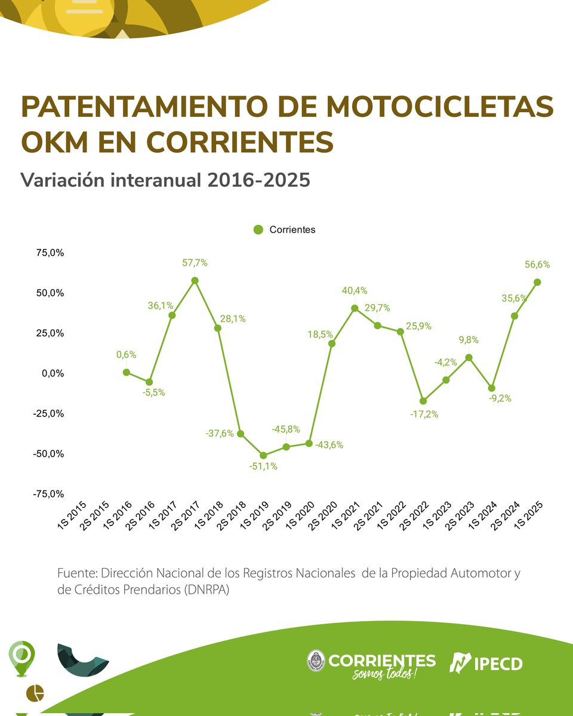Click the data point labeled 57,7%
pyautogui.click(x=195, y=280)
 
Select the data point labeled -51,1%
pyautogui.click(x=263, y=455)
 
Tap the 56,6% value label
pyautogui.click(x=537, y=264)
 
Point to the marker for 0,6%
pyautogui.click(x=127, y=372)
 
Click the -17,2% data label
pyautogui.click(x=424, y=414)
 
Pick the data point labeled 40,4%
pyautogui.click(x=355, y=308)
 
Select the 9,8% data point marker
pyautogui.click(x=469, y=357)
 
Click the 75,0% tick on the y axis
pyautogui.click(x=50, y=253)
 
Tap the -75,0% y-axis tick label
pyautogui.click(x=49, y=494)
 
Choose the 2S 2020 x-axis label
pyautogui.click(x=322, y=514)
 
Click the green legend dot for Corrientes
pyautogui.click(x=258, y=230)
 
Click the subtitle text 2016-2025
pyautogui.click(x=259, y=180)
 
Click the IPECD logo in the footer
pyautogui.click(x=486, y=662)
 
